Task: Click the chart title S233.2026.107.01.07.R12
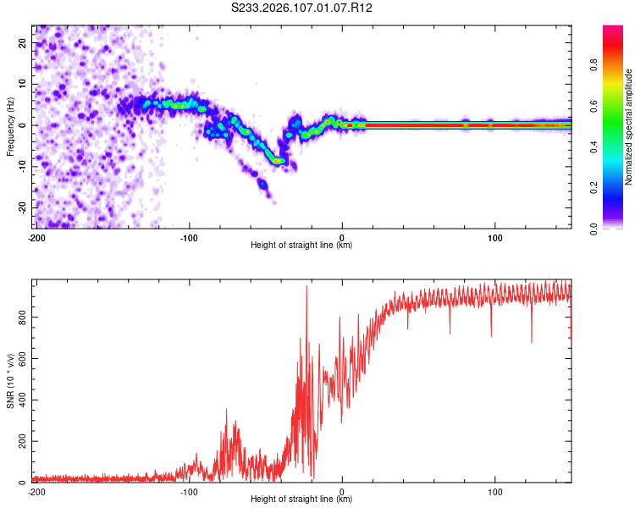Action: (x=302, y=8)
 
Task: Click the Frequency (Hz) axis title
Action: (x=9, y=125)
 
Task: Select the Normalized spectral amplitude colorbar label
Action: (x=628, y=126)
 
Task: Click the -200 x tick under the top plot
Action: (x=36, y=238)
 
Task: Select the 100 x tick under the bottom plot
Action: (x=494, y=491)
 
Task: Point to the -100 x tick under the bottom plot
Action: (x=189, y=491)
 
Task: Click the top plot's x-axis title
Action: (x=301, y=246)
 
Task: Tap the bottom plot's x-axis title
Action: (x=301, y=499)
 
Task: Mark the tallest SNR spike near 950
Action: (x=306, y=287)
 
